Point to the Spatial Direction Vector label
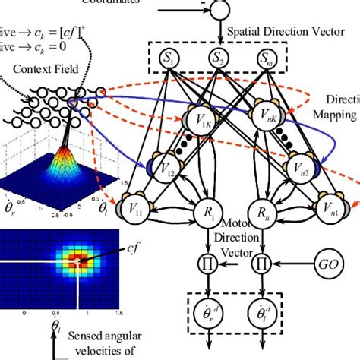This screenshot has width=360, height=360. [x=273, y=34]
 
